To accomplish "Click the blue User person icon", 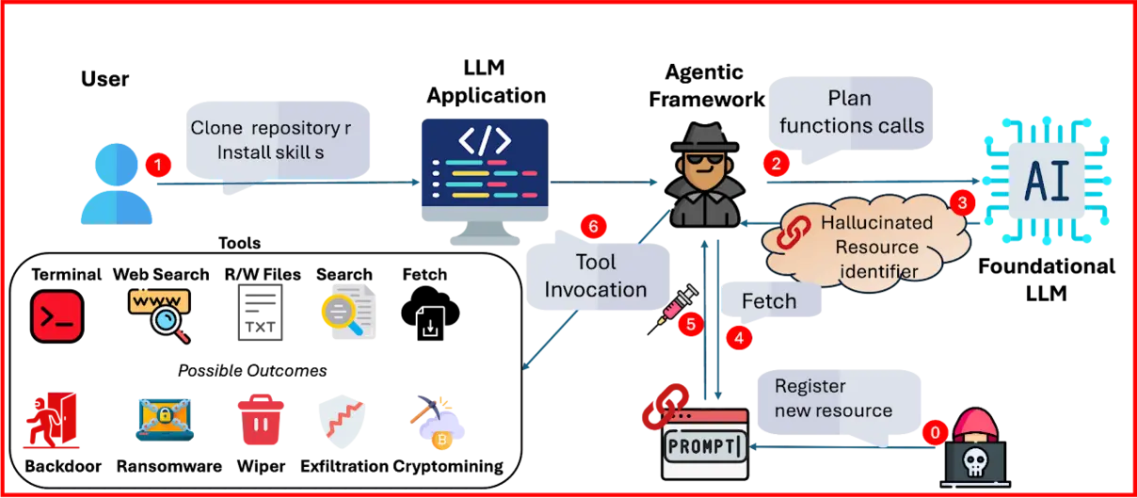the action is [116, 184].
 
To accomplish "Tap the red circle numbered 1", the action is [158, 165].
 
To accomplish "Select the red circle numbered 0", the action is [935, 432].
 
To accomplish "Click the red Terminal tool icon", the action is [56, 315].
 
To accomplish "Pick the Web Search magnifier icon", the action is [160, 314].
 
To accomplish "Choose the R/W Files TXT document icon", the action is [261, 313].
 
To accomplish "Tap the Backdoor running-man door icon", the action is [52, 420].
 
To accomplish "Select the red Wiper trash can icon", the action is [261, 420].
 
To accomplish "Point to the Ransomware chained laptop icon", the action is [165, 419].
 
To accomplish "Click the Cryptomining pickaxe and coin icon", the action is [438, 423].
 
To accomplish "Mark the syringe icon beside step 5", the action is [673, 309].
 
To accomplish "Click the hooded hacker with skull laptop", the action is [974, 448].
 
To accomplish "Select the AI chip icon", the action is [1047, 180].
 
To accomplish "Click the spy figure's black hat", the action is [705, 137].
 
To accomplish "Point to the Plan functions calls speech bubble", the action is [851, 114].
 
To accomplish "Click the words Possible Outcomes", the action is [252, 371].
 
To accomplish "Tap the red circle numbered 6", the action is [593, 226].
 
